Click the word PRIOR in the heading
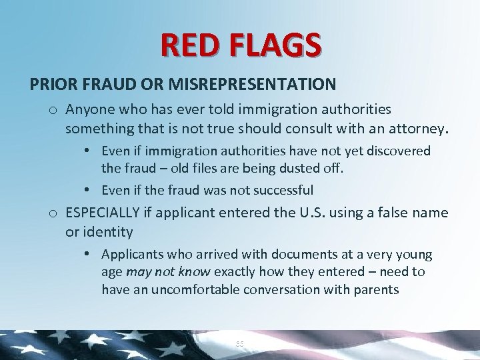click(50, 85)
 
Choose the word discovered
click(398, 151)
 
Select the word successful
click(281, 190)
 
